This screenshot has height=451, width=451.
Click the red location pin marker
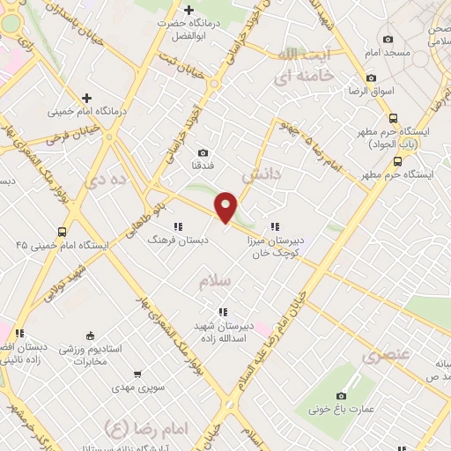(226, 206)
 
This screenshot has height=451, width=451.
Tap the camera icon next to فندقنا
(203, 153)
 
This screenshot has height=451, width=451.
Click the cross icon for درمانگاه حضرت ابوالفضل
(189, 10)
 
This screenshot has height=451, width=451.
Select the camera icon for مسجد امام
(388, 39)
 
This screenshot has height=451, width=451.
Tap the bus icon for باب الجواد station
(393, 119)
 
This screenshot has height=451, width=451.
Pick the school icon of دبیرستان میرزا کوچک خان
(275, 227)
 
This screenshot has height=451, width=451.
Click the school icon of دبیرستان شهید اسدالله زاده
(222, 311)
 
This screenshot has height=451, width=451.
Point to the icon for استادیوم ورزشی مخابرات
(89, 335)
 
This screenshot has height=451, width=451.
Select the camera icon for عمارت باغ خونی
(342, 396)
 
